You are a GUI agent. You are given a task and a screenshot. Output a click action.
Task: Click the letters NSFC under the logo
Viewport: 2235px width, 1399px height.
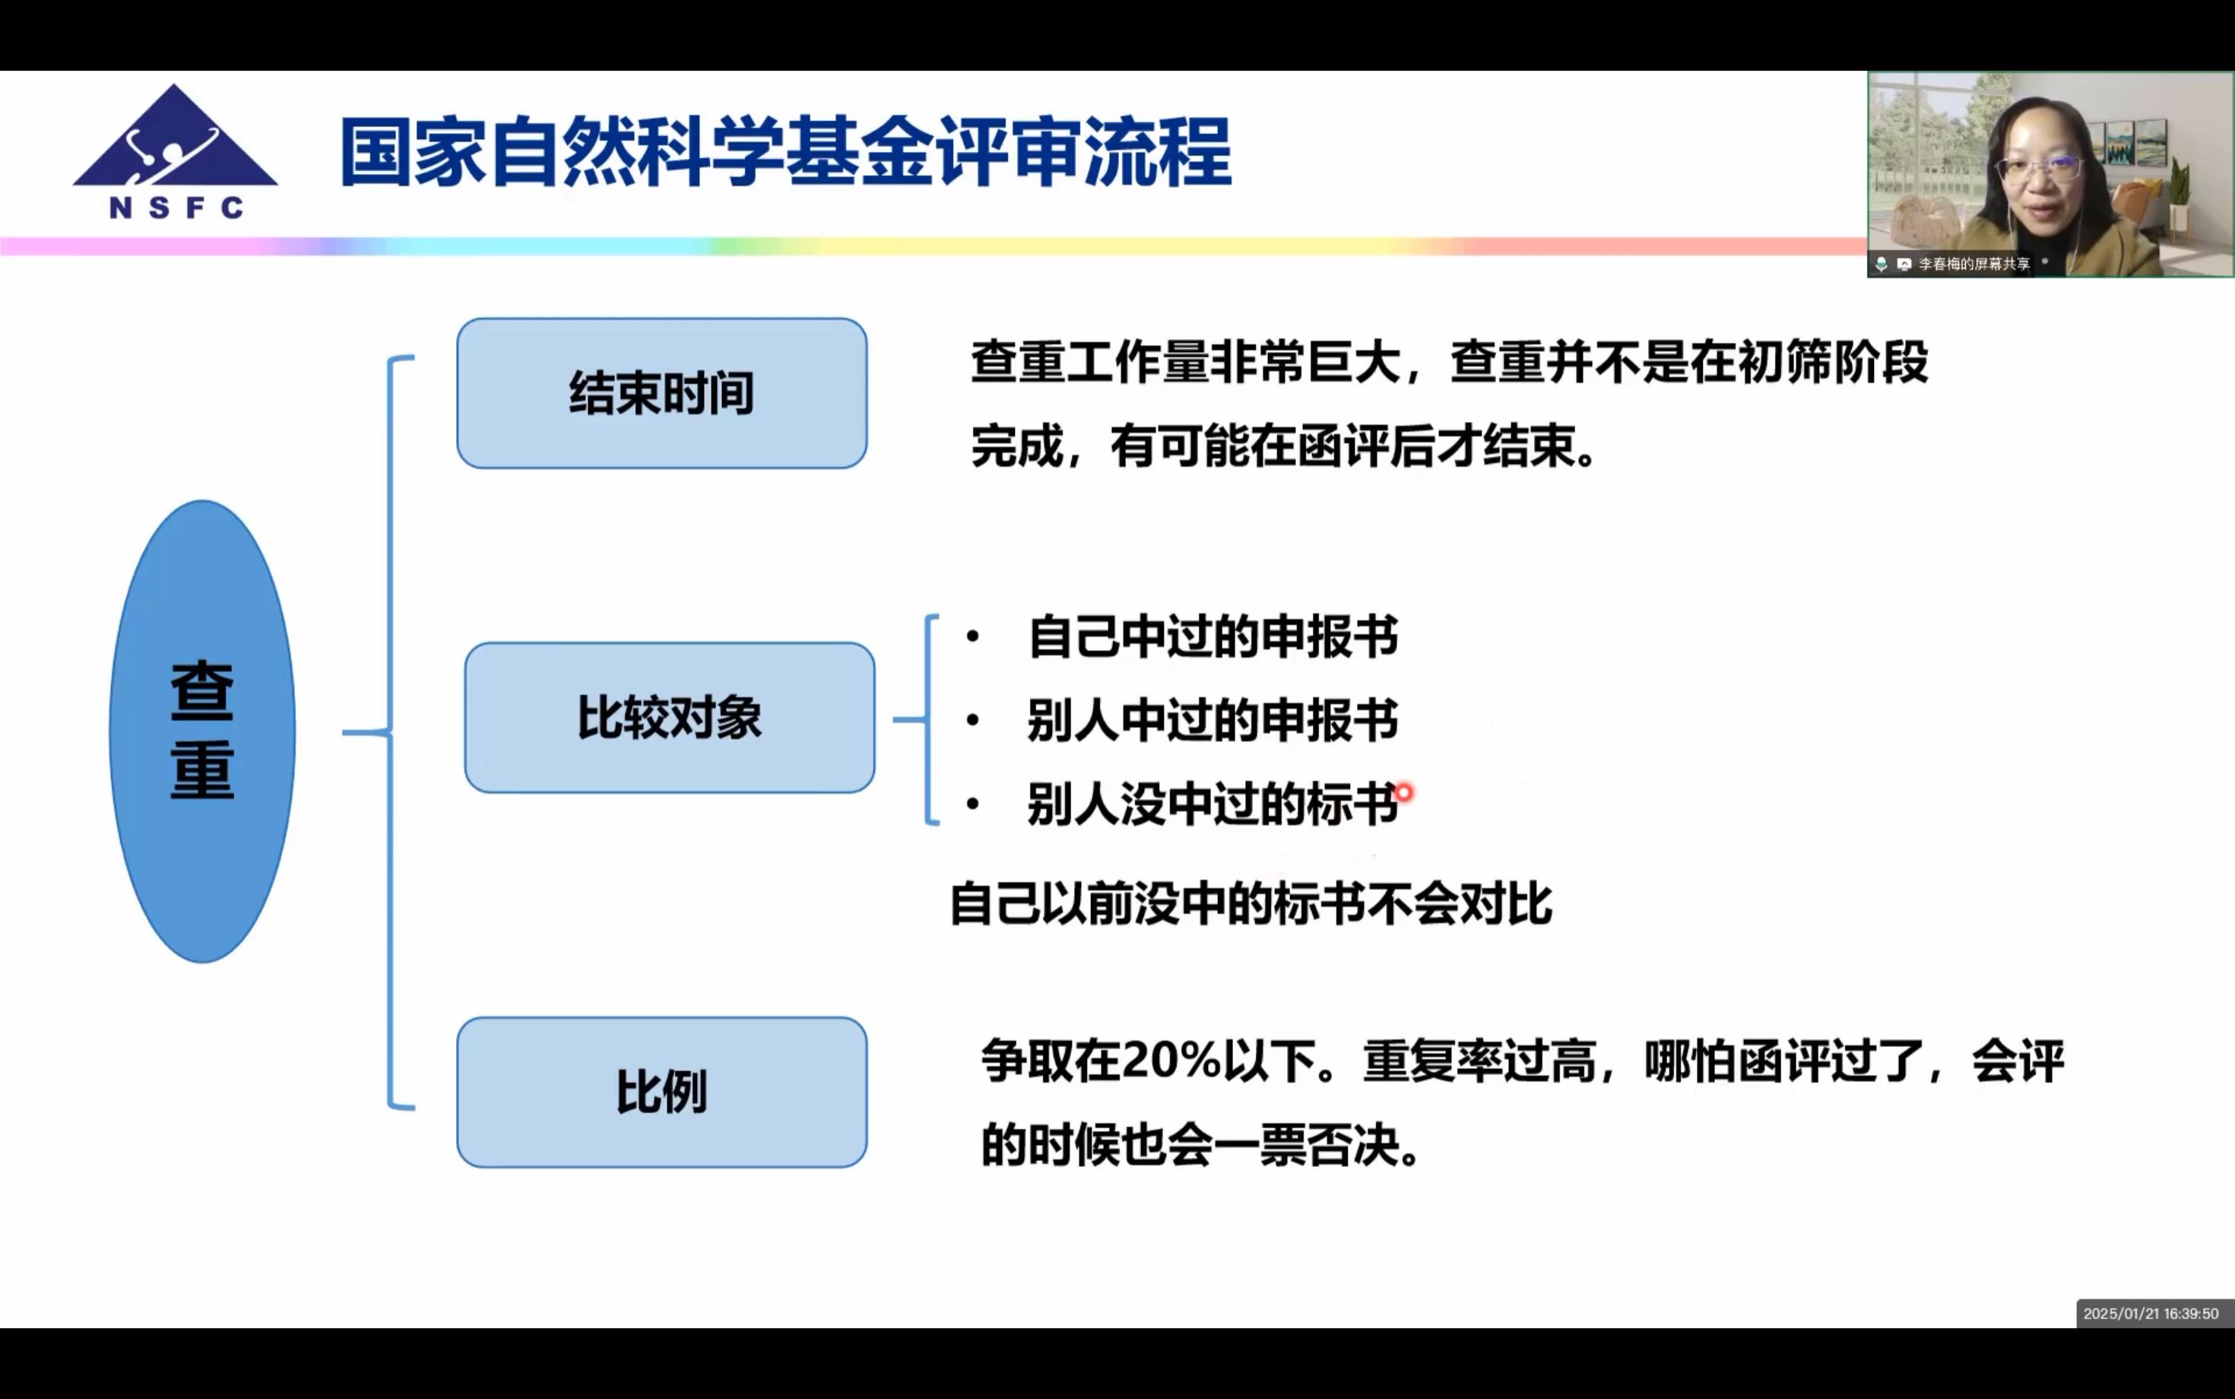pos(176,208)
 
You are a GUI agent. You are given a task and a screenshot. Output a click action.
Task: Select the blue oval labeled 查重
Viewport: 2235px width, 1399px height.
pos(202,731)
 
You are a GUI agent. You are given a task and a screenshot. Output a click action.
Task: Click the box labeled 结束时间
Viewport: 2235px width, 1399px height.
pos(662,393)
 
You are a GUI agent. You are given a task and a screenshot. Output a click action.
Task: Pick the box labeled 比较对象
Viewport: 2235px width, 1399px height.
pos(670,718)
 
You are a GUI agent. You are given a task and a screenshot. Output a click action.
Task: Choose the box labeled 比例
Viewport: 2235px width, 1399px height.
pos(662,1092)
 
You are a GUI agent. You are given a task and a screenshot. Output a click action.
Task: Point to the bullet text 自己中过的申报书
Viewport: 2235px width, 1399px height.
pos(1213,636)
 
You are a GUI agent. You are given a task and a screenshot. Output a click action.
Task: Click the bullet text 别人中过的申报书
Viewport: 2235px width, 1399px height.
pos(1213,720)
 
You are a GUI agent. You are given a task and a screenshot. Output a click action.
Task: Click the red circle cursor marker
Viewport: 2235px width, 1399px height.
pos(1403,793)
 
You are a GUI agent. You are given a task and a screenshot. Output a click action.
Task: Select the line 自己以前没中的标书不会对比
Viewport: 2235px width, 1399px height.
pos(1251,904)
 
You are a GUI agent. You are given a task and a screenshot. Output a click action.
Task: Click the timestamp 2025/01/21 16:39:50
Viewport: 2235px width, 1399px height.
pos(2151,1314)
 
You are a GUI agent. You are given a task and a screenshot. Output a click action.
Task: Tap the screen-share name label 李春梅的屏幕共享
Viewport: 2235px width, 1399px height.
pos(1974,264)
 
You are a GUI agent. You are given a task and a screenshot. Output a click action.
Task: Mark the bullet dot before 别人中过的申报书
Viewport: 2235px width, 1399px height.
pos(972,720)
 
